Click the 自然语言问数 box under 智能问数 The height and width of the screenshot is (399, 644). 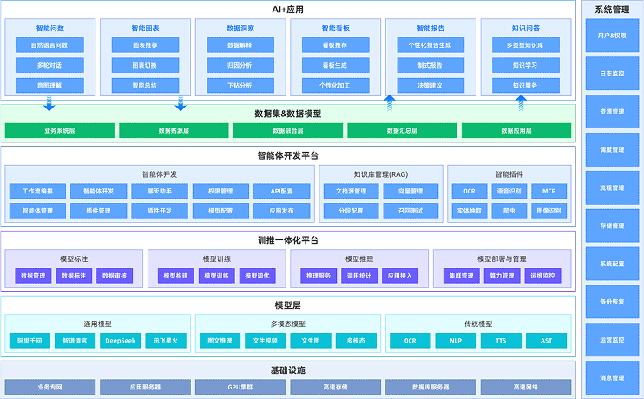coord(49,44)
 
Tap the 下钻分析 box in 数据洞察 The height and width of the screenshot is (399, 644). coord(240,86)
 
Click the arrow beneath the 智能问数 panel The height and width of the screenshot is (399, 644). coord(49,103)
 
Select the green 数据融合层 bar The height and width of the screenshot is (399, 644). coord(287,131)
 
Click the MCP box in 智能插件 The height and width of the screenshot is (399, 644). coord(549,191)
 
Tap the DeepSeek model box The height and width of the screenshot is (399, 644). coord(119,341)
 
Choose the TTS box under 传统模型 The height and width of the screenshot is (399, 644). coord(502,341)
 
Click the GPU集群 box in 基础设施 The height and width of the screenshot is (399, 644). coord(240,386)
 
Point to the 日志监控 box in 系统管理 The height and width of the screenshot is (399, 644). coord(612,74)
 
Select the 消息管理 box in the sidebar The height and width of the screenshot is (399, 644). coord(612,377)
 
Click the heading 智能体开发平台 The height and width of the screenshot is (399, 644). coord(287,155)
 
